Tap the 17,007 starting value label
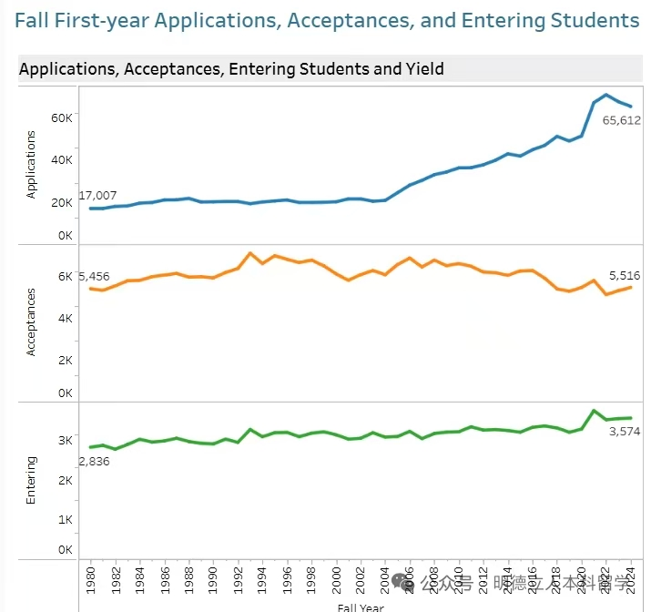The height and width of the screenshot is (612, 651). point(97,196)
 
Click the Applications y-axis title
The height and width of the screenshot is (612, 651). point(31,165)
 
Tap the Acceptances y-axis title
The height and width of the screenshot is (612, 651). point(31,321)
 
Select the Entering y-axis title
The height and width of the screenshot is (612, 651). point(31,481)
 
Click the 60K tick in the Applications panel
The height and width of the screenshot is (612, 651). point(61,117)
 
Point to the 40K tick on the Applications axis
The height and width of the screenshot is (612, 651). point(61,160)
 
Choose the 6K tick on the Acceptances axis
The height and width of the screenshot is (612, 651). point(66,277)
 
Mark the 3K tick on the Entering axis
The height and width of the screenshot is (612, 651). point(66,441)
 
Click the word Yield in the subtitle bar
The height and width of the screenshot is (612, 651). point(425,68)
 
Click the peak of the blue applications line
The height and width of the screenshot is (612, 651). point(606,95)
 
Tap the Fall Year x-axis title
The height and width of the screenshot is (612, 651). point(361,607)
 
